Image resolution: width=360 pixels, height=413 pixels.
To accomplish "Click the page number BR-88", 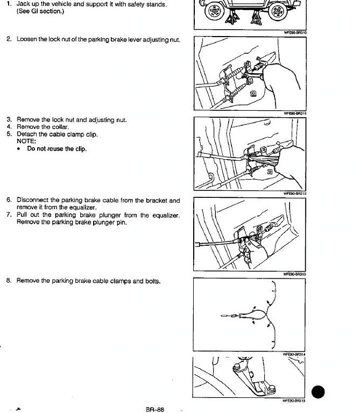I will point(154,409).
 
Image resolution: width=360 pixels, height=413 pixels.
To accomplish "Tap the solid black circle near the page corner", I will point(318,392).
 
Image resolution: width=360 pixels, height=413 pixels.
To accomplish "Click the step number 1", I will point(9,4).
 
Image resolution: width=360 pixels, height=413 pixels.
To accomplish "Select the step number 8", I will point(9,281).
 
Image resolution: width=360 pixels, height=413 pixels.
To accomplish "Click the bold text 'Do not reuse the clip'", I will point(57,149).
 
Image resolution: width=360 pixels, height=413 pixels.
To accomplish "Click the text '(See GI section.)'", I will point(40,11).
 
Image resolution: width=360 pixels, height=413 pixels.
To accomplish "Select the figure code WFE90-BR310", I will point(295,32).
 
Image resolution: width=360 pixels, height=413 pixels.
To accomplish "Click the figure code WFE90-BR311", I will point(295,113).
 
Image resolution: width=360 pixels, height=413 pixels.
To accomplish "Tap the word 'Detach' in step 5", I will point(26,134).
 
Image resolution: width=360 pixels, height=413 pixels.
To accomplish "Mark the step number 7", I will point(9,215).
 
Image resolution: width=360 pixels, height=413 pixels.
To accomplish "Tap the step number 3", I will point(9,119).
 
